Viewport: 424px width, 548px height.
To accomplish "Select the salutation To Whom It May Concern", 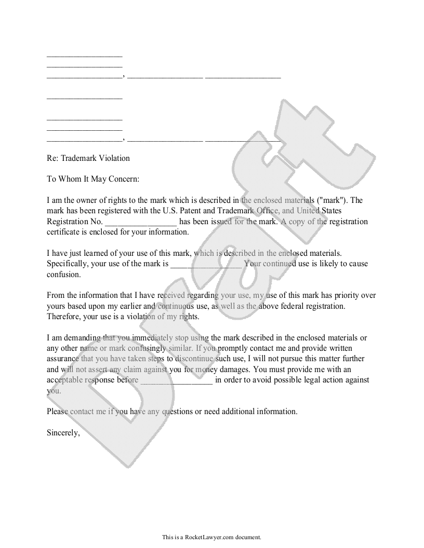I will click(93, 179).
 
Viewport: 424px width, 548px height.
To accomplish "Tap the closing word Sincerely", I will click(63, 432).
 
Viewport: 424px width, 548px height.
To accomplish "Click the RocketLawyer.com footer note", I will click(211, 537).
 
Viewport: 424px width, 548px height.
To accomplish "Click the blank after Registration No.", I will click(141, 222).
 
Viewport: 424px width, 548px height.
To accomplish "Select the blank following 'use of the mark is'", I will click(206, 264).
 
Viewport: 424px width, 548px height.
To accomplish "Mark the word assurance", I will click(63, 359).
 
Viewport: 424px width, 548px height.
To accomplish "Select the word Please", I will click(57, 412).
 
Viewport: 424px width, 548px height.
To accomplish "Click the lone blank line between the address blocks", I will click(85, 98).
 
